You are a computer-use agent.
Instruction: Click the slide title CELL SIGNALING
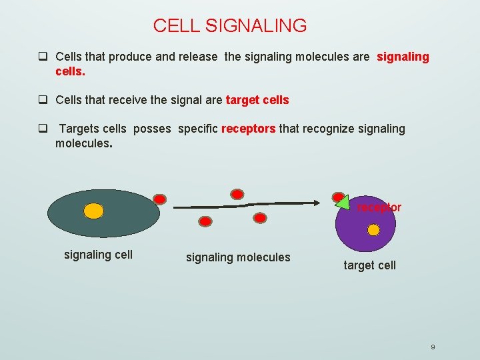[230, 26]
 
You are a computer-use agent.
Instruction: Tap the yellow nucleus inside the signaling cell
[94, 211]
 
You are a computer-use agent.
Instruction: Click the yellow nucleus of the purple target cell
[373, 230]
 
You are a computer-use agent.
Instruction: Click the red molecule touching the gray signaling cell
[160, 199]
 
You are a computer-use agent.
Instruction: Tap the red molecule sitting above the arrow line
[237, 194]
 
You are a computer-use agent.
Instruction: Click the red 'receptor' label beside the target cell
[379, 207]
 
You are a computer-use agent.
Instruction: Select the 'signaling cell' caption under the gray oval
[98, 254]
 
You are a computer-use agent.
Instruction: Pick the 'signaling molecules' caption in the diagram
[238, 257]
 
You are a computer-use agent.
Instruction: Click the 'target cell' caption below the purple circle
[369, 265]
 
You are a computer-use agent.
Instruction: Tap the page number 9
[433, 347]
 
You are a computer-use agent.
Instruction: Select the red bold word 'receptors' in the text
[248, 129]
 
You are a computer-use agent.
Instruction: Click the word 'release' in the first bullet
[197, 57]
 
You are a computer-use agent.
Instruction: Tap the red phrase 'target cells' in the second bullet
[257, 100]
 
